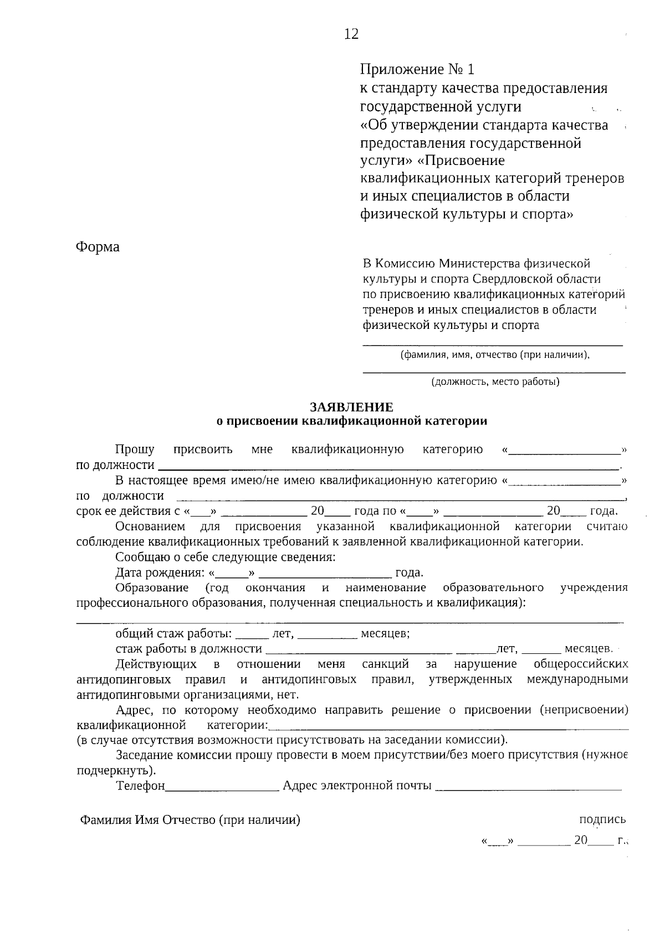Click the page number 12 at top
[x=351, y=34]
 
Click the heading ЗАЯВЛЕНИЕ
[x=351, y=407]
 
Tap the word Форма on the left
[x=98, y=247]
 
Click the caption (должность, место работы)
[x=495, y=381]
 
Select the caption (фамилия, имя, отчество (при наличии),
[x=495, y=355]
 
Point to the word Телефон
[x=141, y=786]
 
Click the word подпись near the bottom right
[x=602, y=819]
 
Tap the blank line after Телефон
[x=222, y=787]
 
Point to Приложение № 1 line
[x=417, y=70]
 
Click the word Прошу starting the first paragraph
[x=135, y=449]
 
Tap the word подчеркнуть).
[x=116, y=770]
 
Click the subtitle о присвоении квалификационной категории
[x=351, y=421]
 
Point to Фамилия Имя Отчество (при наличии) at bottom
[x=190, y=820]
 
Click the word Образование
[x=152, y=587]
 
